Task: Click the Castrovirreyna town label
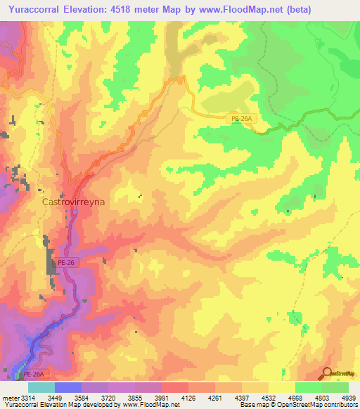pyautogui.click(x=79, y=201)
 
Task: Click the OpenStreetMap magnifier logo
pyautogui.click(x=328, y=372)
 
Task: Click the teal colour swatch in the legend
pyautogui.click(x=41, y=387)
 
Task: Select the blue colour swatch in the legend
pyautogui.click(x=67, y=387)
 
